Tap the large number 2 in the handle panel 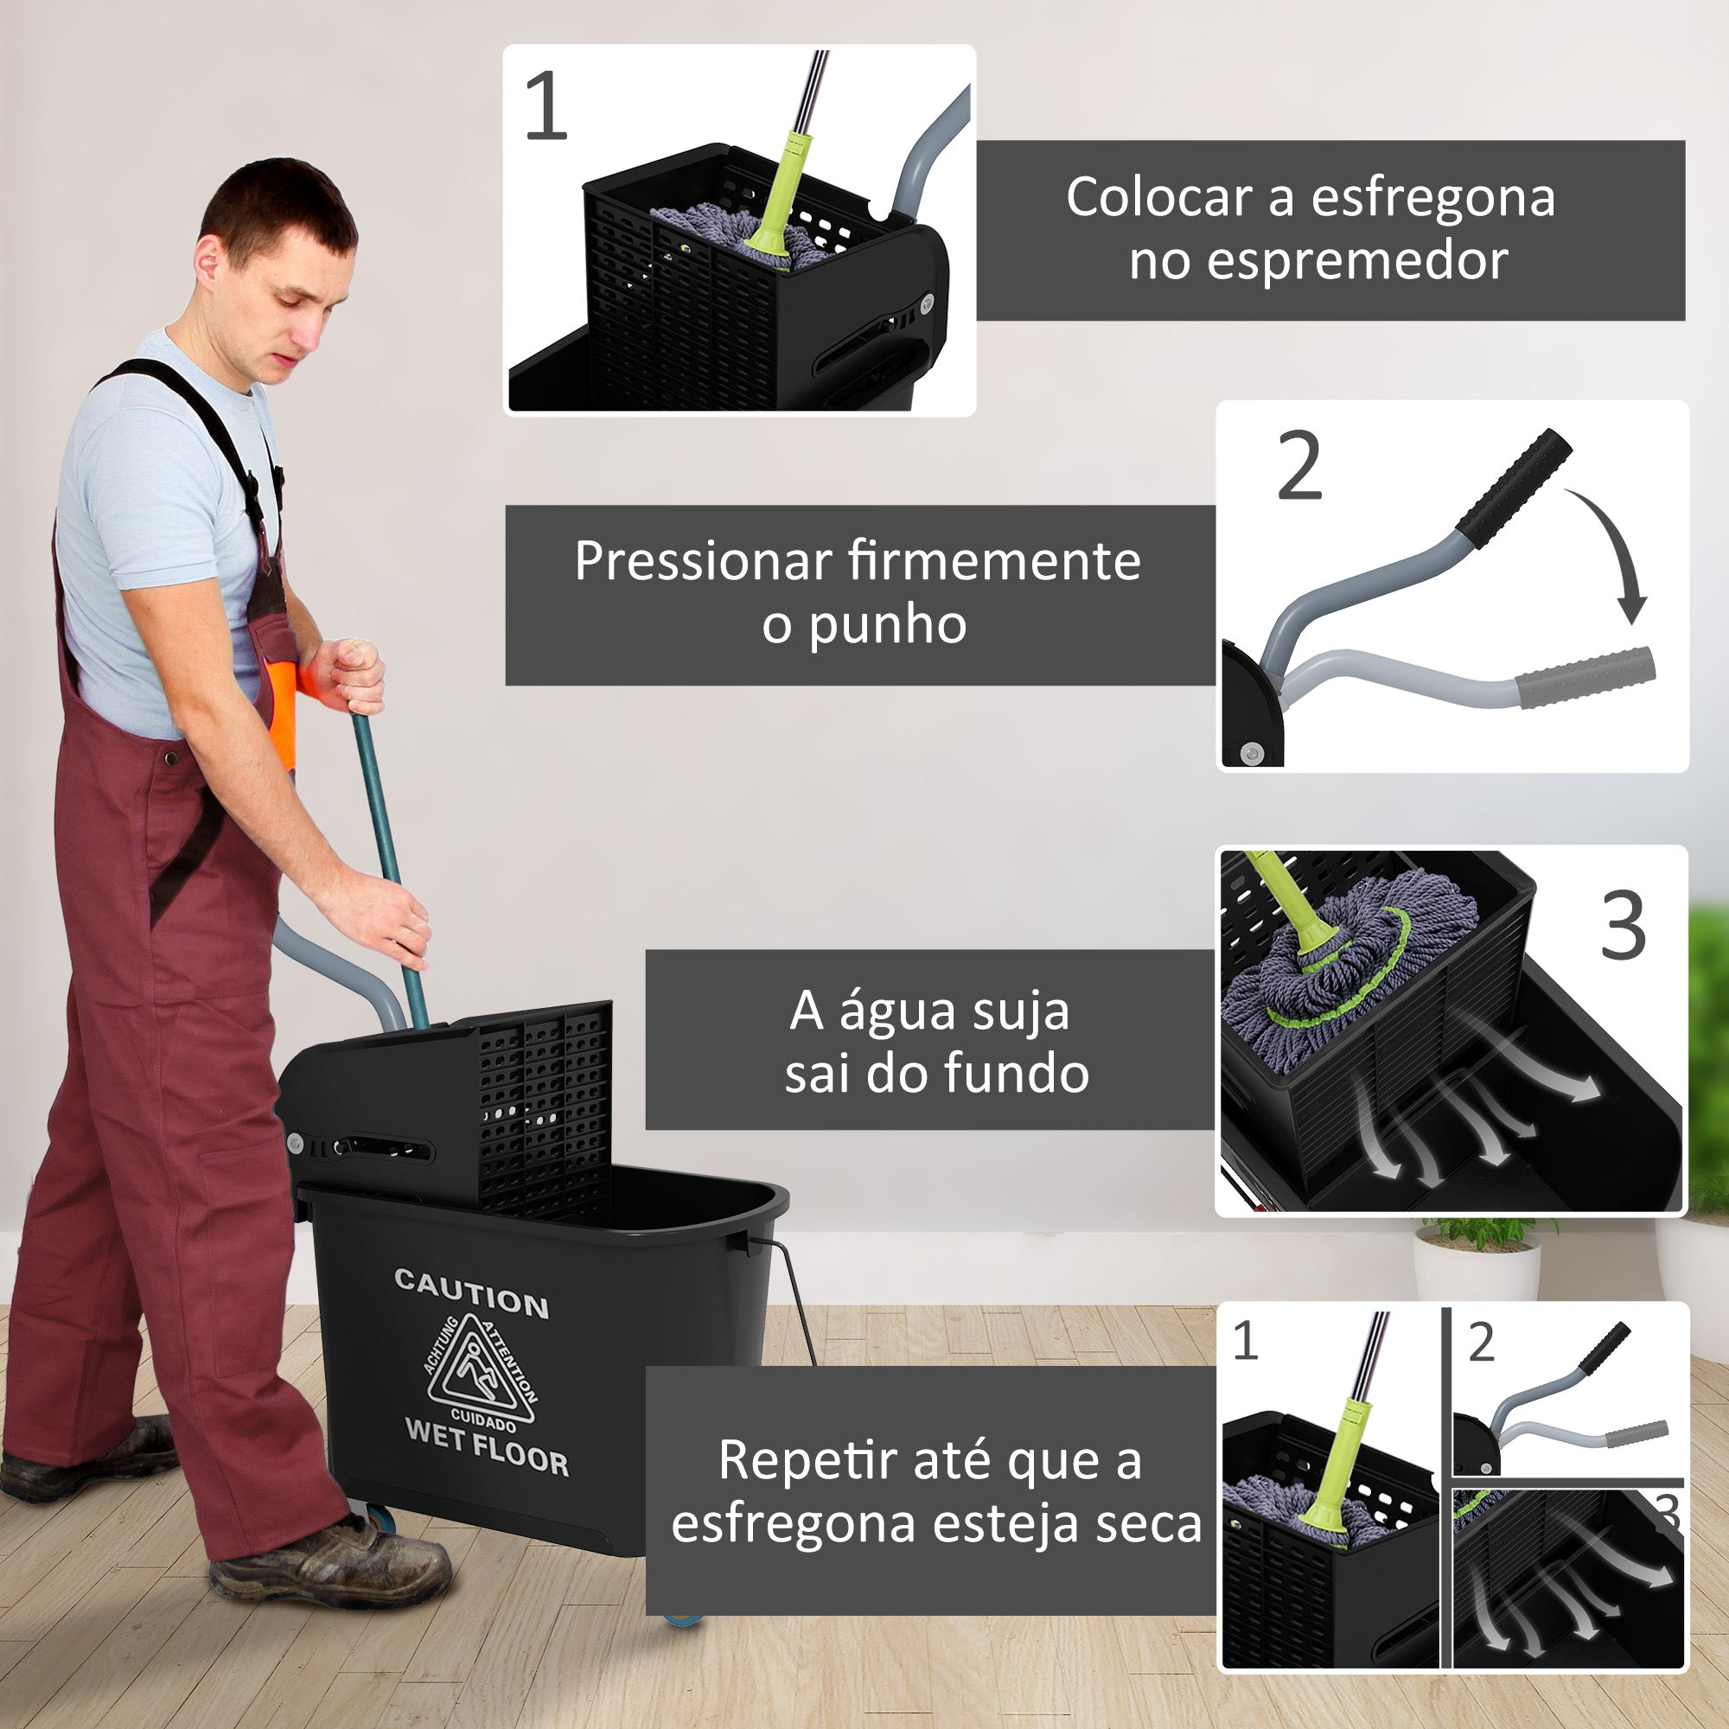click(x=1299, y=466)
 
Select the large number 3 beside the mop click(x=1624, y=925)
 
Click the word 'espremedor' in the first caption click(x=1318, y=261)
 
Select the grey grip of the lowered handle click(x=1585, y=678)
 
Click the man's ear click(x=207, y=260)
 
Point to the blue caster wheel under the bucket click(x=682, y=1617)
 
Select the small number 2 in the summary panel click(x=1481, y=1343)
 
